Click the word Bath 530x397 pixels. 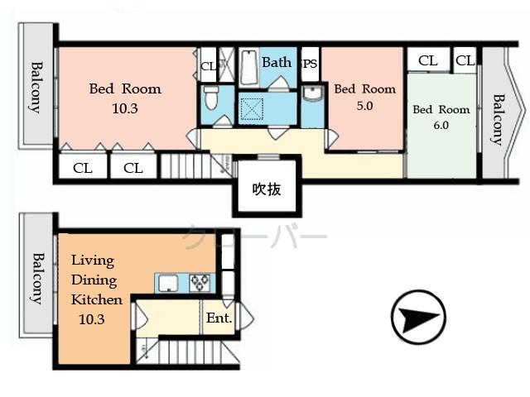tap(277, 62)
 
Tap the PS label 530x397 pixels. tap(311, 63)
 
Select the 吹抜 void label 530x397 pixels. tap(267, 189)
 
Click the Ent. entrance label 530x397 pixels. tap(219, 318)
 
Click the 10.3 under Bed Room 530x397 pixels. tap(125, 108)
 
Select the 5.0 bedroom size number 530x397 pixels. tap(365, 106)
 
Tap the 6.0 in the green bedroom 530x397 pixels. tap(441, 126)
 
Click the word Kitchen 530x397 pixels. tap(96, 299)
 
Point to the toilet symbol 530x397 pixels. tap(210, 98)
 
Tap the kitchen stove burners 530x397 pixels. tap(200, 283)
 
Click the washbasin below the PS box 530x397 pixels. tap(311, 93)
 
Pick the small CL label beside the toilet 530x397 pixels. tap(207, 65)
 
